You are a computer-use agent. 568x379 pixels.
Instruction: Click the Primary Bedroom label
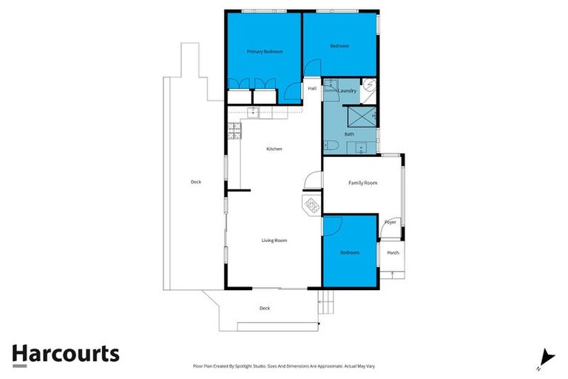click(x=265, y=52)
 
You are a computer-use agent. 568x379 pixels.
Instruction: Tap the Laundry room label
click(x=348, y=91)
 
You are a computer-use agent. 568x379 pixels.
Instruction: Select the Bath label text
click(x=349, y=134)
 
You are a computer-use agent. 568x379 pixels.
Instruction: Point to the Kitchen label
click(x=274, y=150)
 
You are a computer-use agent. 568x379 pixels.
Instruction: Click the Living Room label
click(x=274, y=240)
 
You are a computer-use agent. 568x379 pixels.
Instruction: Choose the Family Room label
click(x=362, y=182)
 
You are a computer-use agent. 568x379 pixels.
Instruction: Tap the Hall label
click(x=312, y=89)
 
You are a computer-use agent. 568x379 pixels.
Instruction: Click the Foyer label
click(x=390, y=222)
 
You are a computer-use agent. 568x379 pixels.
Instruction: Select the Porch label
click(x=393, y=253)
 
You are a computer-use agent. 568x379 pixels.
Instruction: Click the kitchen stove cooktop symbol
click(x=234, y=130)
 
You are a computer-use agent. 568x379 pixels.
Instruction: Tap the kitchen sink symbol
click(x=253, y=112)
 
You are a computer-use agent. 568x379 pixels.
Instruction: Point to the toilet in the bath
click(x=332, y=145)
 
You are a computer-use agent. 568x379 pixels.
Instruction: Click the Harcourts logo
click(x=66, y=354)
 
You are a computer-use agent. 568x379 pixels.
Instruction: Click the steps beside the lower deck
click(x=325, y=299)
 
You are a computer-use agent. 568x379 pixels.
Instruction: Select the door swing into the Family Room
click(x=314, y=180)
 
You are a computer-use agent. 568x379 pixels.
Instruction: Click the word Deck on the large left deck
click(x=195, y=182)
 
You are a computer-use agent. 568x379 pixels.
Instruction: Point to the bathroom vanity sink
click(x=360, y=147)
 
